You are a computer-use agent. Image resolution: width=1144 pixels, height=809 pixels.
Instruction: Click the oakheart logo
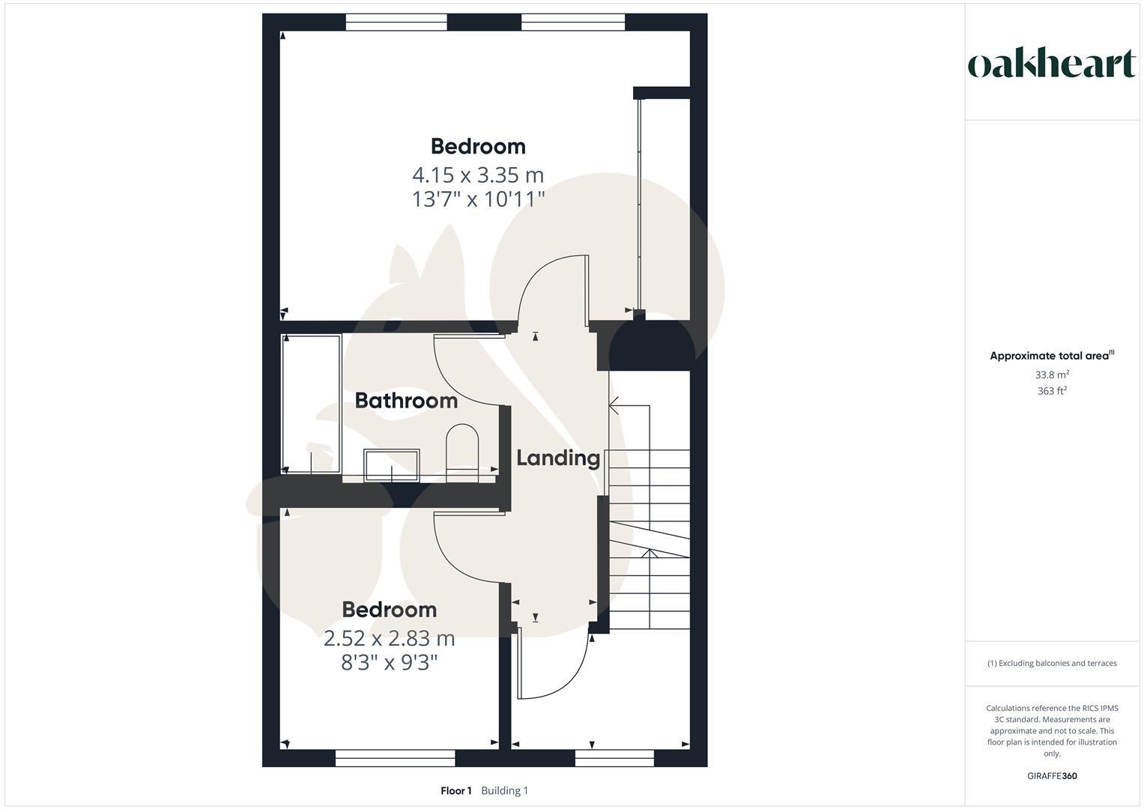1051,64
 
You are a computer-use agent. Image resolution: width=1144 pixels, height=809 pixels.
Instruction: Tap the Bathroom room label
406,401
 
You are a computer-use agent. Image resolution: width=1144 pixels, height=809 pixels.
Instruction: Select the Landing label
558,458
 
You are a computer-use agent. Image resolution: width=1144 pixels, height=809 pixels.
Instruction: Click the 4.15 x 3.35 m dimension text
478,175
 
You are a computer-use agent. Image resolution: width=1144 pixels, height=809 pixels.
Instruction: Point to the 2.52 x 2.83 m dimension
389,639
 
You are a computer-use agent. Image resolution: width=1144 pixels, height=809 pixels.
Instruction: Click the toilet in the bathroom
462,451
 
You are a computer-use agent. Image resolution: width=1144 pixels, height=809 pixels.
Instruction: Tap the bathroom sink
391,465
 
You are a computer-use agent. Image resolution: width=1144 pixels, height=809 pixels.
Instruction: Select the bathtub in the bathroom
311,403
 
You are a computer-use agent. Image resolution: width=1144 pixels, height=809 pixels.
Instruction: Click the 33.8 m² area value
1052,375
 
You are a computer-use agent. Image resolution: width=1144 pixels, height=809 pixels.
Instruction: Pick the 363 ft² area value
1052,391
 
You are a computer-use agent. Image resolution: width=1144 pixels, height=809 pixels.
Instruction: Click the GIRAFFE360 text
1052,776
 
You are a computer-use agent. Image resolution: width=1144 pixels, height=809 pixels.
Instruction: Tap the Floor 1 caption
456,791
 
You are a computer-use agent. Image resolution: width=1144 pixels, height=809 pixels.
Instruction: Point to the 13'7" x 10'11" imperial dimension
478,200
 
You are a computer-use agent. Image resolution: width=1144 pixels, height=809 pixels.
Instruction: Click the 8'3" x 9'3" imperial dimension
389,663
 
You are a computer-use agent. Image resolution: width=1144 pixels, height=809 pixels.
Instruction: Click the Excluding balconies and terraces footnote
1052,663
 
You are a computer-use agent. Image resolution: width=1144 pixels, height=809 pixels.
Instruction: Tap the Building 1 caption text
504,791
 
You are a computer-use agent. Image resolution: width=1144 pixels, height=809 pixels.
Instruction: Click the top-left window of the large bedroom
396,22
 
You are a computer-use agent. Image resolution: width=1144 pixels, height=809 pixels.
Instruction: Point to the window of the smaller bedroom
395,758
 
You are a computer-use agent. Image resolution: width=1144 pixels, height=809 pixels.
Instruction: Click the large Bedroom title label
478,146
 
